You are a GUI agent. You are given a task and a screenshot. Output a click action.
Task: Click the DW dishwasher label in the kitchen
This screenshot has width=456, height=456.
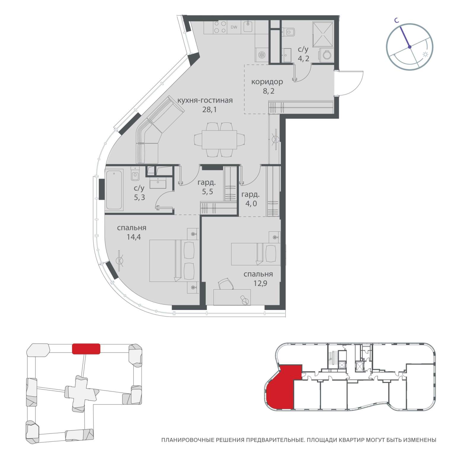pos(234,28)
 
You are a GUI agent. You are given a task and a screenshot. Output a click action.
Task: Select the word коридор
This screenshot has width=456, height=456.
pos(267,82)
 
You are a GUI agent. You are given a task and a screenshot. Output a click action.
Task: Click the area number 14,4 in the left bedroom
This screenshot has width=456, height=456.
pos(132,237)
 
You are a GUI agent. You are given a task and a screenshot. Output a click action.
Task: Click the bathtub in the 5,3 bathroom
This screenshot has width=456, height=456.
pos(114,190)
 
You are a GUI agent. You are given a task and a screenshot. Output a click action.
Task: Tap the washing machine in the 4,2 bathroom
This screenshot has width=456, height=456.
pos(326,56)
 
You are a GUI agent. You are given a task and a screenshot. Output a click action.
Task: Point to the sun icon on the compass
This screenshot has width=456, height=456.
pos(425,55)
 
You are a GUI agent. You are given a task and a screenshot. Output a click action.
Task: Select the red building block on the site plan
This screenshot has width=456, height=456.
pos(86,349)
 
